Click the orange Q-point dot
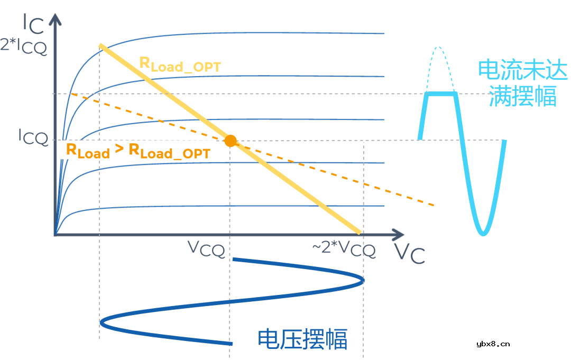click(x=230, y=141)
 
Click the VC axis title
click(x=410, y=254)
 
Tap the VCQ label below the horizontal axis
click(x=207, y=248)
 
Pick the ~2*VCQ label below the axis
click(x=344, y=248)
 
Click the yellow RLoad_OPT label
click(x=180, y=64)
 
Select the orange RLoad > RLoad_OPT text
click(x=137, y=151)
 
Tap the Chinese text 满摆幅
click(x=522, y=96)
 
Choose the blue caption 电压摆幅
click(x=302, y=339)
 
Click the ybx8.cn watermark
click(x=493, y=344)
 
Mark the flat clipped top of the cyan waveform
click(x=441, y=94)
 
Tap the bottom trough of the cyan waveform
click(x=482, y=233)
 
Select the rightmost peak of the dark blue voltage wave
click(x=362, y=280)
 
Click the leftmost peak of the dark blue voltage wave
click(x=102, y=321)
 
